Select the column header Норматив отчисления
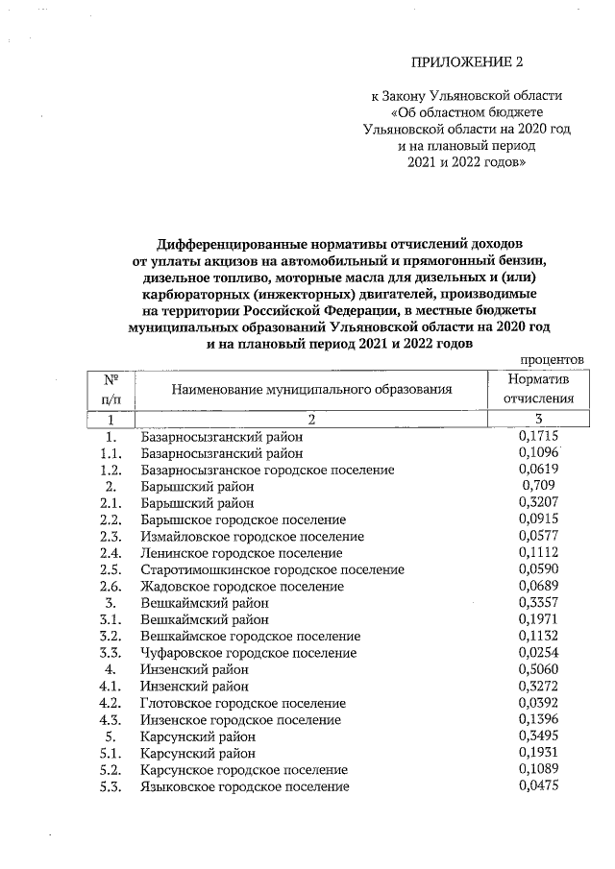click(539, 389)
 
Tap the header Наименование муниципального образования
click(311, 389)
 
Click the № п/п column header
click(111, 389)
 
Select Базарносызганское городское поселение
click(267, 470)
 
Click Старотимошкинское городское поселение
click(271, 569)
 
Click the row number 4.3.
click(111, 719)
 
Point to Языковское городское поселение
click(244, 786)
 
